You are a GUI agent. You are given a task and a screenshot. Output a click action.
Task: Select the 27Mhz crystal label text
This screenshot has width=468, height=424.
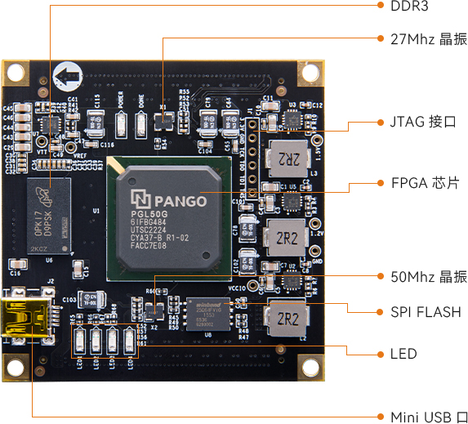pos(424,38)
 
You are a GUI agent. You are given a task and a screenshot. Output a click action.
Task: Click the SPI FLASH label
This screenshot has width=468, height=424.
pos(426,312)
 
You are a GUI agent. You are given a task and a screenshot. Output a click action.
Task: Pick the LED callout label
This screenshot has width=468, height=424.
pos(403,354)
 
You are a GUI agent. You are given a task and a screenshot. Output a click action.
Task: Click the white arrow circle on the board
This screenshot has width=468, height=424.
pos(66,79)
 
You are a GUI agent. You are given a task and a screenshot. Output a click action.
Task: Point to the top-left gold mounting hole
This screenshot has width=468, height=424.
pos(16,73)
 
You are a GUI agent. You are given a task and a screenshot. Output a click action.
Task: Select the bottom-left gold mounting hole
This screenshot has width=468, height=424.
pos(16,368)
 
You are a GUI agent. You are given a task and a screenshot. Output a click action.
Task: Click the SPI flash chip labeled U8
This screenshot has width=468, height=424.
pos(208,314)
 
